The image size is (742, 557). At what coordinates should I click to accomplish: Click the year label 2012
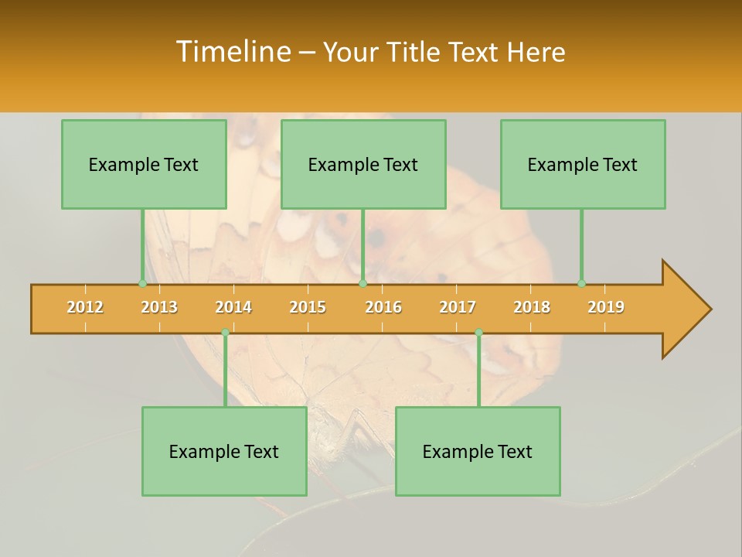[x=85, y=307]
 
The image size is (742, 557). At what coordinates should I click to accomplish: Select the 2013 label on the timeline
[x=159, y=307]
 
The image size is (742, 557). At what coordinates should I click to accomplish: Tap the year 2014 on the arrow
[x=233, y=307]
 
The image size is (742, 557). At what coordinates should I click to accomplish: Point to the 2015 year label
[x=308, y=307]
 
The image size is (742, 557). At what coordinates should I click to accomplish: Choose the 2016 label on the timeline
[x=383, y=307]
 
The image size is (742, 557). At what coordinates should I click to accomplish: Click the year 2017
[x=458, y=307]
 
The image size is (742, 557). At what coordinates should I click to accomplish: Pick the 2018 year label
[x=532, y=307]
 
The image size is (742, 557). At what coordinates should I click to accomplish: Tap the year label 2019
[x=606, y=307]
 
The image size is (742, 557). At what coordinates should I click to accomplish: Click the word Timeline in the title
[x=233, y=52]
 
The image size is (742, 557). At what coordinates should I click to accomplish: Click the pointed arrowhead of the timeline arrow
[x=688, y=309]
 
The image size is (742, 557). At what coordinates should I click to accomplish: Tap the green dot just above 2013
[x=142, y=284]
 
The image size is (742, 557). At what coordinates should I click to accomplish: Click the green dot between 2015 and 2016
[x=362, y=284]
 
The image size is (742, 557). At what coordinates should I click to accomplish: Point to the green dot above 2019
[x=581, y=284]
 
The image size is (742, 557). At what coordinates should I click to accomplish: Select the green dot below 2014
[x=225, y=333]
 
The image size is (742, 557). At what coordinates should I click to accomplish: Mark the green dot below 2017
[x=478, y=333]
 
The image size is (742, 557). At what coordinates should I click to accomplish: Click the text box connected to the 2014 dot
[x=224, y=451]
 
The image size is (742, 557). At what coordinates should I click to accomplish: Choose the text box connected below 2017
[x=478, y=451]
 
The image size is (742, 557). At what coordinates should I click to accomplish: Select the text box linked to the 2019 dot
[x=583, y=164]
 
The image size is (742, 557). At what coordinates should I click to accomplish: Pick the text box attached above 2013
[x=144, y=164]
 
